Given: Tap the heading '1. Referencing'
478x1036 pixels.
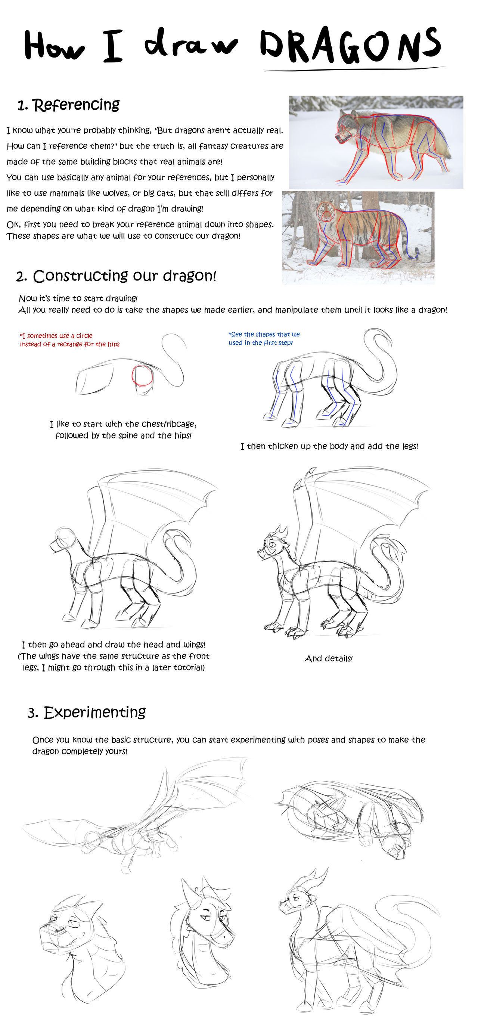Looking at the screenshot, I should (68, 105).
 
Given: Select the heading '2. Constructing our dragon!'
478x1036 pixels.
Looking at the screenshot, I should (116, 276).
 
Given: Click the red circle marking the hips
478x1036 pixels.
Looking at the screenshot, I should (142, 375).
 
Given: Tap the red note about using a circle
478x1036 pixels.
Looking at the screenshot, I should (69, 340).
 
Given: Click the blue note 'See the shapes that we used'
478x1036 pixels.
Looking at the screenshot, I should (264, 338).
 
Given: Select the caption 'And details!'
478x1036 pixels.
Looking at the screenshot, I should (329, 658).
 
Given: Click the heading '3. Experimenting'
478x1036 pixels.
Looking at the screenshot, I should (86, 713).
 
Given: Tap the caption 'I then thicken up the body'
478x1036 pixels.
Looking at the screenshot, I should (329, 446).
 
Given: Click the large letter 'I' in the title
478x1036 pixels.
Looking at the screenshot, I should (112, 46).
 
